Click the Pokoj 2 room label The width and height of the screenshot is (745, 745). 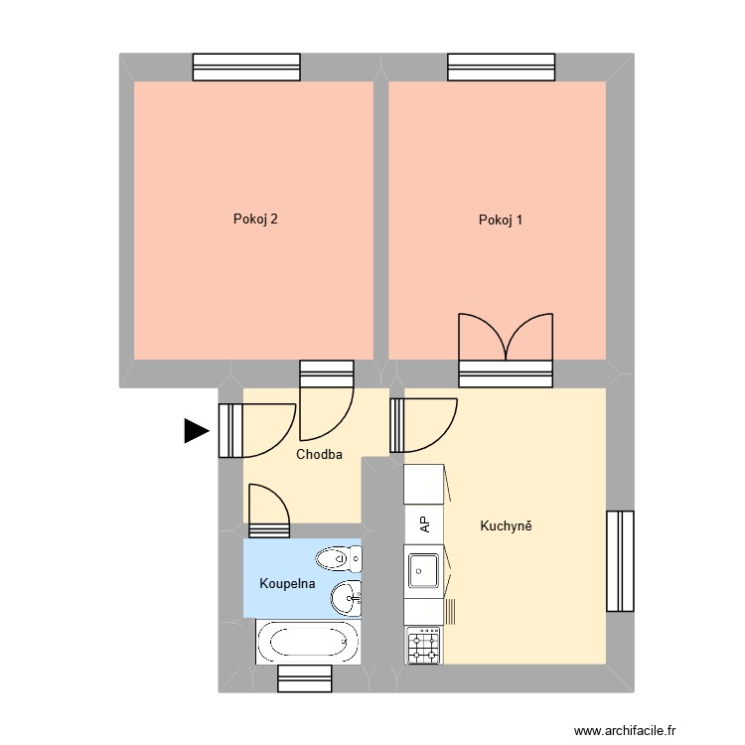point(254,220)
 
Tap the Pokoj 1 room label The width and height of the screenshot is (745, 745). point(500,220)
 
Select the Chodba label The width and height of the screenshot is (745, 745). point(319,454)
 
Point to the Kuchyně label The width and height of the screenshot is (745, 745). point(506,525)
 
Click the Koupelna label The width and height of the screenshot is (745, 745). point(287,583)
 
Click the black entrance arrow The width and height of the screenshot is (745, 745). point(196,430)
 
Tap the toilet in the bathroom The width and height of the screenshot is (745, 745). point(341,558)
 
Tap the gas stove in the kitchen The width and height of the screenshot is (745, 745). point(424,647)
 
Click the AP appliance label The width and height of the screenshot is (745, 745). point(424,523)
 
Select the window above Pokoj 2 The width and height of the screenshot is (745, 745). point(245,67)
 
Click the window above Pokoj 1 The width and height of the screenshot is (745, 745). point(501,67)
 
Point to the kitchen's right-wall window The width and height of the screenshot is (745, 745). point(620,560)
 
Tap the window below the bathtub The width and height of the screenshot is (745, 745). point(304,678)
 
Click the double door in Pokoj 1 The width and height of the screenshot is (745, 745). point(505,343)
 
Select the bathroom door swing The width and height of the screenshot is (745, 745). point(268,507)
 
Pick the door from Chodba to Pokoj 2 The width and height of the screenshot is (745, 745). point(326,402)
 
